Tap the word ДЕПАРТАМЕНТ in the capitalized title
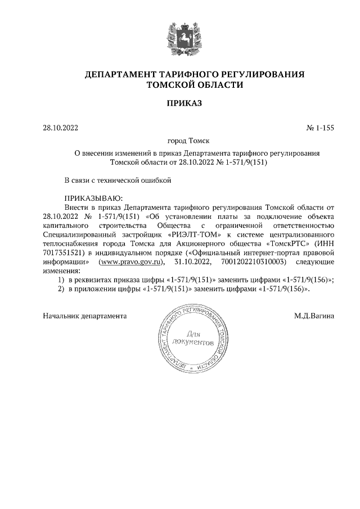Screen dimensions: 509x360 point(116,74)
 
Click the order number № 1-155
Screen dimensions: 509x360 point(321,128)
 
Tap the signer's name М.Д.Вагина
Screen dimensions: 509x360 point(314,316)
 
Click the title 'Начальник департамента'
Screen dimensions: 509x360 point(84,316)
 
